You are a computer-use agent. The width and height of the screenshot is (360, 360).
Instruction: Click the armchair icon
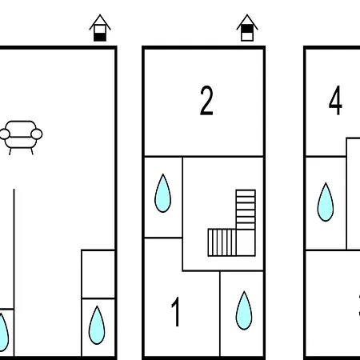[x=21, y=138]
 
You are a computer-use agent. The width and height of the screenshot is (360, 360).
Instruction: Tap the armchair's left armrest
[x=4, y=134]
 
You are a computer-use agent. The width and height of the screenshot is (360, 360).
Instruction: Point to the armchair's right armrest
[x=37, y=134]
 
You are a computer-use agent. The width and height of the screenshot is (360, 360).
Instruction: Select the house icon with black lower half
[x=100, y=28]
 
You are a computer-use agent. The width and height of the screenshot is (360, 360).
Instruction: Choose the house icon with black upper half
[x=247, y=28]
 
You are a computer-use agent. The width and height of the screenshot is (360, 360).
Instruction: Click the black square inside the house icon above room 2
[x=247, y=29]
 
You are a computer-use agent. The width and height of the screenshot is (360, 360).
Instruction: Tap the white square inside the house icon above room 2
[x=247, y=37]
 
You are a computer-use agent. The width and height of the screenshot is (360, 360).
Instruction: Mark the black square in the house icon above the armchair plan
[x=100, y=37]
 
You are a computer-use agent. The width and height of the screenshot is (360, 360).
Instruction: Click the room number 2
[x=206, y=101]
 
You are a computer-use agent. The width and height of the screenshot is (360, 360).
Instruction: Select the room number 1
[x=175, y=312]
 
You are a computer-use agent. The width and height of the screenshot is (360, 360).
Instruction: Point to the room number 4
[x=335, y=101]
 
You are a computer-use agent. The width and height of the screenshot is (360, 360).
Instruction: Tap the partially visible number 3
[x=358, y=306]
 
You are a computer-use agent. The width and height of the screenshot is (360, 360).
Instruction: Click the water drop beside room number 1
[x=244, y=311]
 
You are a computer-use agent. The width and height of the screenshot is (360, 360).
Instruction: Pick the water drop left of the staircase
[x=162, y=194]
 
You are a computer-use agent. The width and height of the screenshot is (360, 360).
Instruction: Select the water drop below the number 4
[x=326, y=202]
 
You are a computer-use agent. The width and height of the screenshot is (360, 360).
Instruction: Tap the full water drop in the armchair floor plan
[x=97, y=326]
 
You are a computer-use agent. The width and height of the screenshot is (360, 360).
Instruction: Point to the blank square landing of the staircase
[x=246, y=242]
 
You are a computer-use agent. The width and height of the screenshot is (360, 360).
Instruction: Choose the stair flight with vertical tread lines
[x=222, y=242]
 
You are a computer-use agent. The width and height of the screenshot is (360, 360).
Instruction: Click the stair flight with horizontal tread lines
[x=246, y=210]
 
